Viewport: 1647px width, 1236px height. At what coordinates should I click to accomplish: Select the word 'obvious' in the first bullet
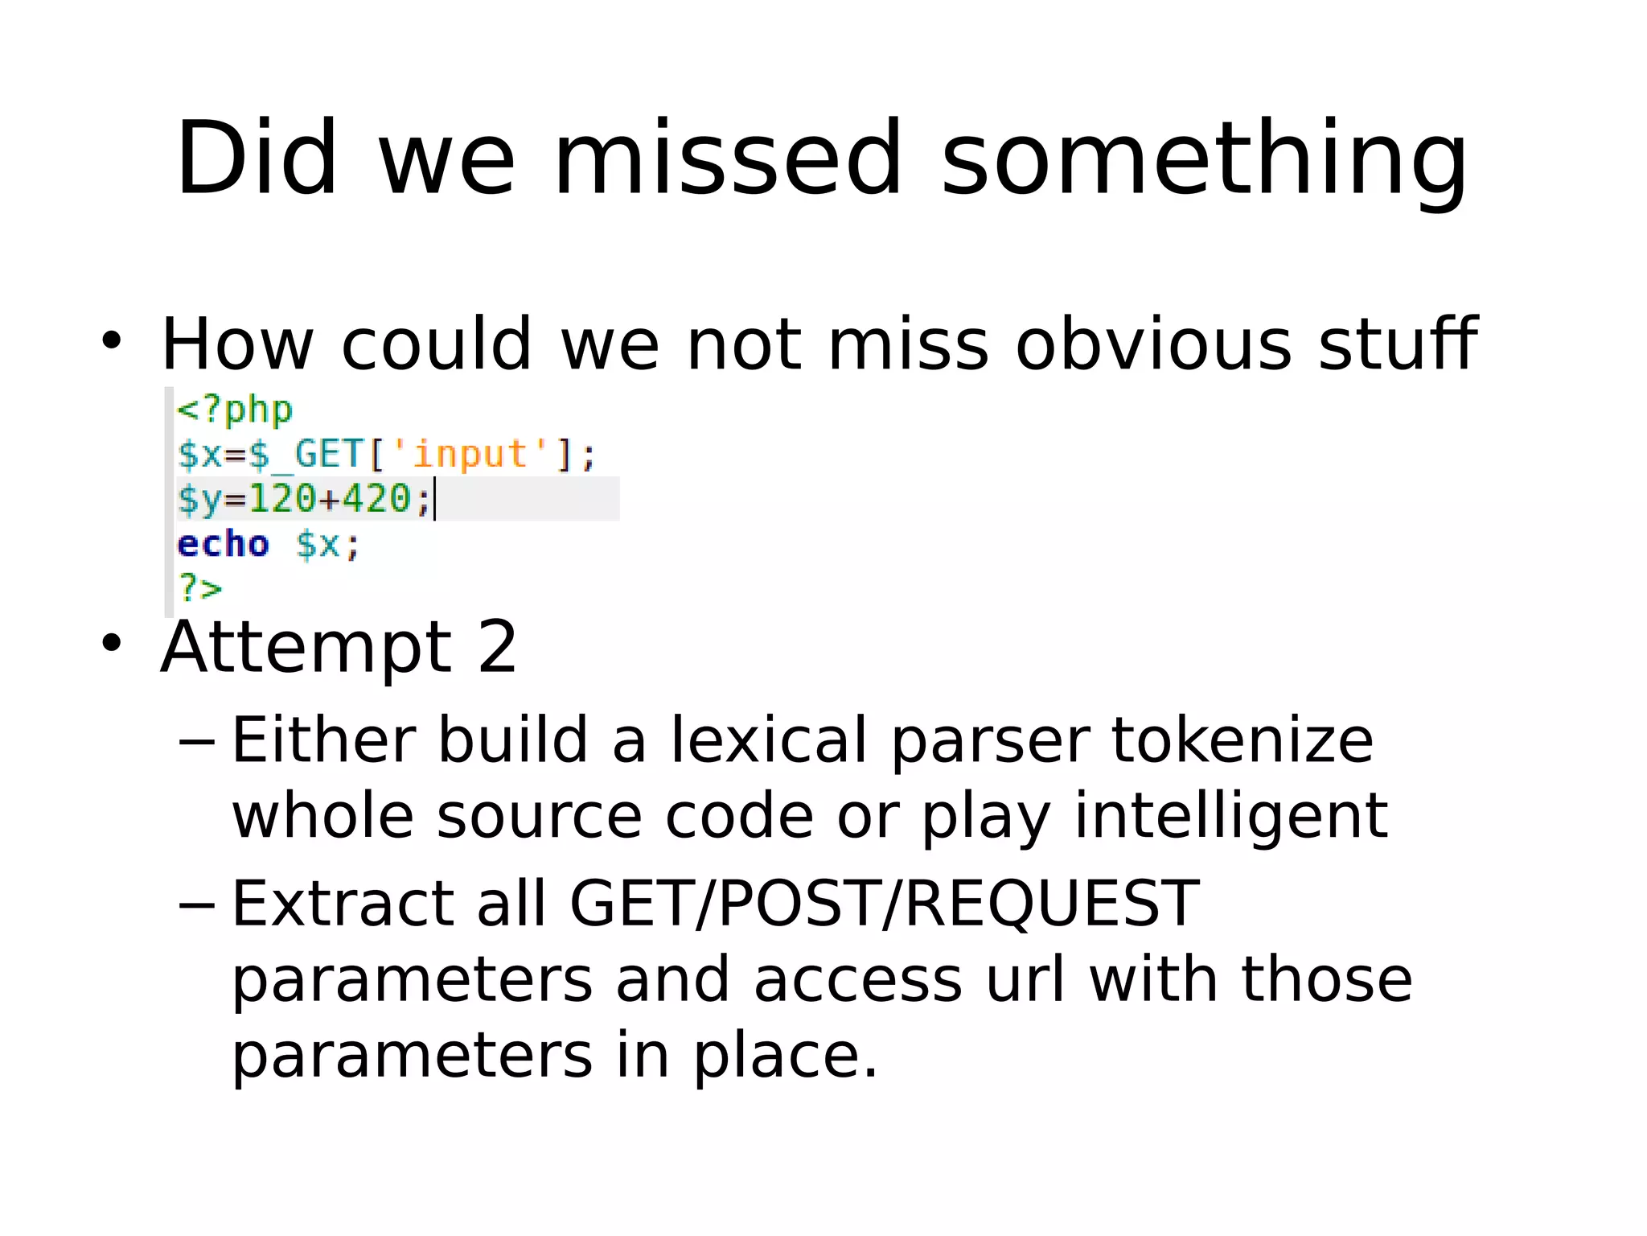pyautogui.click(x=1153, y=344)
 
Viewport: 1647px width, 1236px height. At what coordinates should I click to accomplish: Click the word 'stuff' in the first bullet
pyautogui.click(x=1398, y=344)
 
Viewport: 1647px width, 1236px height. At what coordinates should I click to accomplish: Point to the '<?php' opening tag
pyautogui.click(x=235, y=410)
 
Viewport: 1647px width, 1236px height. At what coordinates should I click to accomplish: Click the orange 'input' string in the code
pyautogui.click(x=470, y=454)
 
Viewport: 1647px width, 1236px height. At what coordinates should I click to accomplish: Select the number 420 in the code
pyautogui.click(x=376, y=498)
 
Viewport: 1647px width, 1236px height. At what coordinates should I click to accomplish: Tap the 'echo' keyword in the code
pyautogui.click(x=223, y=545)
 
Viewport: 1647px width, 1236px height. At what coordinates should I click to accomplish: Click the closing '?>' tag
pyautogui.click(x=199, y=588)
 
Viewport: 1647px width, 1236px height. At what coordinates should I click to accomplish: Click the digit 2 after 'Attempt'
pyautogui.click(x=497, y=648)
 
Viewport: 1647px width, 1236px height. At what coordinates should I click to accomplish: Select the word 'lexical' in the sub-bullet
pyautogui.click(x=769, y=740)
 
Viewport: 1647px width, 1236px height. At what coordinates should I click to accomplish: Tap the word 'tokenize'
pyautogui.click(x=1242, y=740)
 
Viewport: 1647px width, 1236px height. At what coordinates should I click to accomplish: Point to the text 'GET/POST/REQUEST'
pyautogui.click(x=884, y=904)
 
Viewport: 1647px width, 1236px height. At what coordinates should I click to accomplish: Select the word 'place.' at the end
pyautogui.click(x=786, y=1056)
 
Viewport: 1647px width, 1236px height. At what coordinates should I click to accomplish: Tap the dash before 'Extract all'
pyautogui.click(x=196, y=904)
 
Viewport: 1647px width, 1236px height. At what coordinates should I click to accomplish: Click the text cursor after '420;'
pyautogui.click(x=435, y=499)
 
